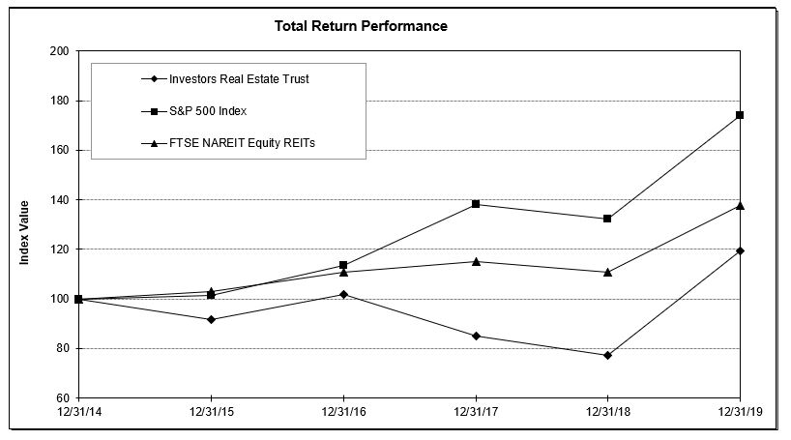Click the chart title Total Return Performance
click(361, 26)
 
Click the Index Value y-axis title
click(25, 232)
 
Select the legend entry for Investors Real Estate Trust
click(239, 78)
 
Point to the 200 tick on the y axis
click(59, 51)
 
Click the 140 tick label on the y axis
click(59, 200)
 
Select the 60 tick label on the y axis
click(62, 398)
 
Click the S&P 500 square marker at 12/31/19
click(740, 115)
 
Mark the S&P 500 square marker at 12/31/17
click(476, 204)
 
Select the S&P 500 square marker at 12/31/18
click(607, 219)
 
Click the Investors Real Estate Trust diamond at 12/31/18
click(607, 355)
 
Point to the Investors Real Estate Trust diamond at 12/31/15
click(211, 319)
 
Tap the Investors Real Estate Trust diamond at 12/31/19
click(740, 250)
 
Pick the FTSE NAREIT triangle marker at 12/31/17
click(476, 261)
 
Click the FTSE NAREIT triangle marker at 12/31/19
click(740, 205)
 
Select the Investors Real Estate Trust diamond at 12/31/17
click(476, 336)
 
